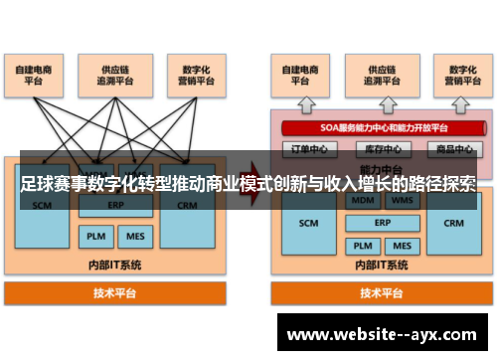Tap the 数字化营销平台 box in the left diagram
tap(190, 76)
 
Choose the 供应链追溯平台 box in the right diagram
tap(376, 76)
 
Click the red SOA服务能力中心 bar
tap(377, 128)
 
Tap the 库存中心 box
tap(376, 149)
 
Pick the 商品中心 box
tap(448, 149)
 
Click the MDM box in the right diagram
tap(361, 201)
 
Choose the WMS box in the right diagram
tap(402, 201)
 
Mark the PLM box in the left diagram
tap(95, 237)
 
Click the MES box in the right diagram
tap(402, 245)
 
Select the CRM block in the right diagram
tap(453, 224)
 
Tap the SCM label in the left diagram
tap(42, 206)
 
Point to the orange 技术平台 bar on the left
tap(115, 293)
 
